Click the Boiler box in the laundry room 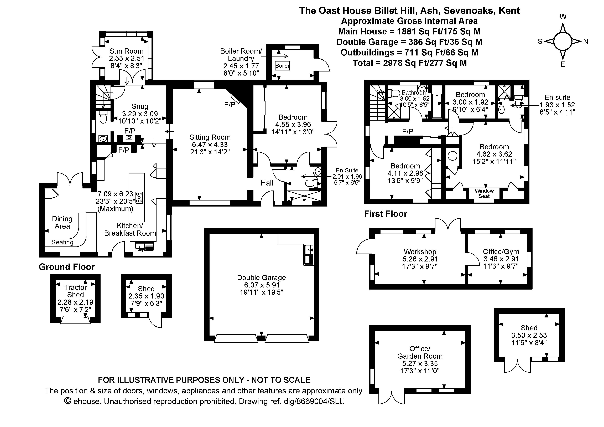click(x=282, y=65)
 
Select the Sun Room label click(x=126, y=51)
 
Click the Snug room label click(x=140, y=106)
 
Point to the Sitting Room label click(x=210, y=137)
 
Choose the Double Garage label click(x=261, y=277)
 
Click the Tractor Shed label click(x=75, y=291)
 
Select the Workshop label click(x=420, y=252)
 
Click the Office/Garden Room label click(x=420, y=352)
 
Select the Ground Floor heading click(x=67, y=267)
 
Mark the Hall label click(x=267, y=183)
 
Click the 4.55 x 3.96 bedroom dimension click(x=293, y=124)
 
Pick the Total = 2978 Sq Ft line click(x=409, y=63)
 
